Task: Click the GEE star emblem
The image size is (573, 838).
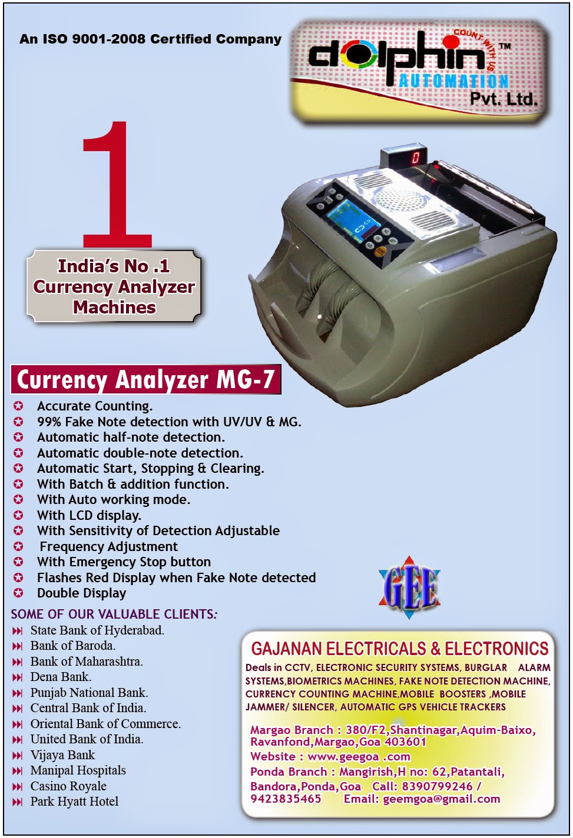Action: (x=410, y=587)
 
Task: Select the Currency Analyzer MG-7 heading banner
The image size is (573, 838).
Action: (x=145, y=379)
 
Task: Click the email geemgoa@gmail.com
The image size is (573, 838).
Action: (x=441, y=799)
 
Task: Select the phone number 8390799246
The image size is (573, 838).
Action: (x=437, y=786)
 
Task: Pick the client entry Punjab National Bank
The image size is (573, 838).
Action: (x=89, y=692)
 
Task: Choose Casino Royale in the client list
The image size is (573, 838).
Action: (x=68, y=786)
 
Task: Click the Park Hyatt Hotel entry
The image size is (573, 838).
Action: (x=74, y=801)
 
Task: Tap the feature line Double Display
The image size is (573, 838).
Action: (x=81, y=593)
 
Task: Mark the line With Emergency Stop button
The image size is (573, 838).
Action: (x=124, y=562)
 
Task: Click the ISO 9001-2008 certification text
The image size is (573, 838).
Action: (x=150, y=39)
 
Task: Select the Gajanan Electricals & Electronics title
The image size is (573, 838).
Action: (x=399, y=649)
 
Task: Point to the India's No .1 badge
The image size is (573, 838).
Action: (x=114, y=286)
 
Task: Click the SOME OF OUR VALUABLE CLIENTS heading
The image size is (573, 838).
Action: (x=114, y=614)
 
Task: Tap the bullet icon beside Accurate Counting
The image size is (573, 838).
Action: (x=19, y=406)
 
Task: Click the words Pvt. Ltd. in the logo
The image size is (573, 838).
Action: (x=503, y=98)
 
